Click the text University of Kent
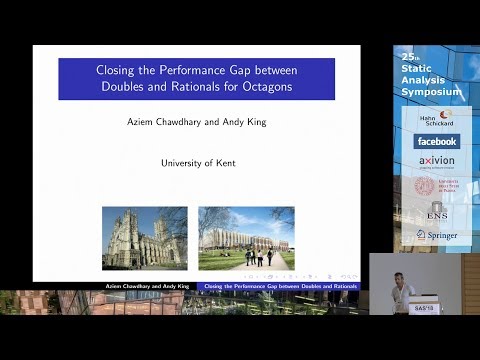pyautogui.click(x=197, y=163)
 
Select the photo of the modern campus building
pyautogui.click(x=246, y=238)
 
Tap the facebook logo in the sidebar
pyautogui.click(x=438, y=141)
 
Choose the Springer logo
pyautogui.click(x=437, y=236)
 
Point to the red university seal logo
pyautogui.click(x=425, y=186)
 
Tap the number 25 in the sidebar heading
pyautogui.click(x=406, y=59)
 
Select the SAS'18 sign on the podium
pyautogui.click(x=423, y=308)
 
